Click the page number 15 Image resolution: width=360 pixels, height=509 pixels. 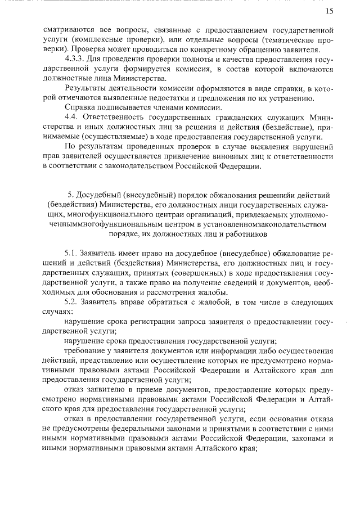(x=329, y=11)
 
